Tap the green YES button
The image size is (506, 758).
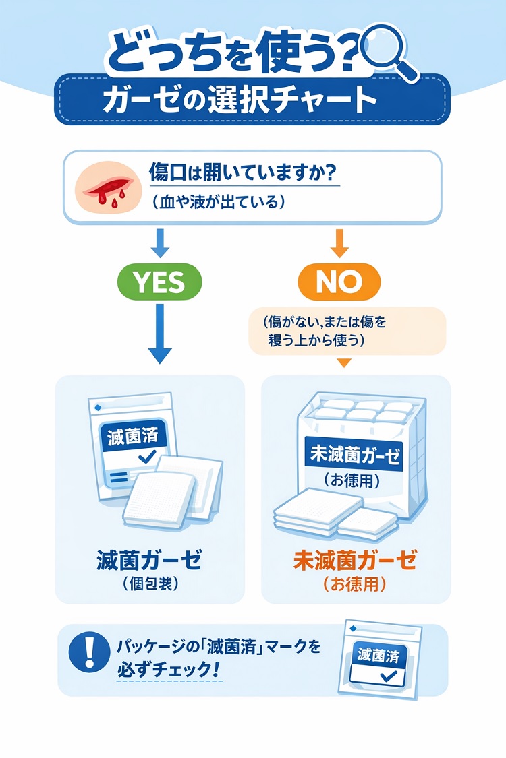pos(160,282)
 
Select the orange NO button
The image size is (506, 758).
pos(339,282)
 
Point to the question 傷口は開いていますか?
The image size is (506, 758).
pos(243,172)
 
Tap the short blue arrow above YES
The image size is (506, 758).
pos(160,243)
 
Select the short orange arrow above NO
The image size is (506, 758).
pos(339,243)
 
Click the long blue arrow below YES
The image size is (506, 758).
pos(160,334)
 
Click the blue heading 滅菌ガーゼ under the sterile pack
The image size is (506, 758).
pos(149,561)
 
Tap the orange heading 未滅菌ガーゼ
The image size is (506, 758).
pos(355,561)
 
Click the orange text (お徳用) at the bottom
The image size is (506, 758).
pos(355,584)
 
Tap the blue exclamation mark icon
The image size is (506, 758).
pos(90,652)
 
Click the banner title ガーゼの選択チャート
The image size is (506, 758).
pos(240,100)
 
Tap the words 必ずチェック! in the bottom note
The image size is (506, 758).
pos(168,670)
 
